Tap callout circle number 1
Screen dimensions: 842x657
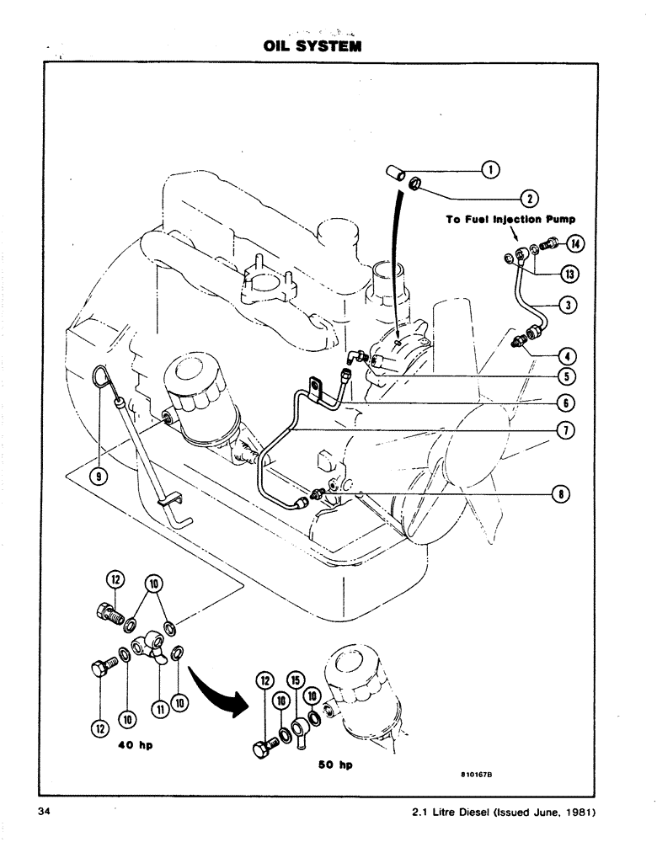[492, 171]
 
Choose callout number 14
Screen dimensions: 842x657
[576, 244]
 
